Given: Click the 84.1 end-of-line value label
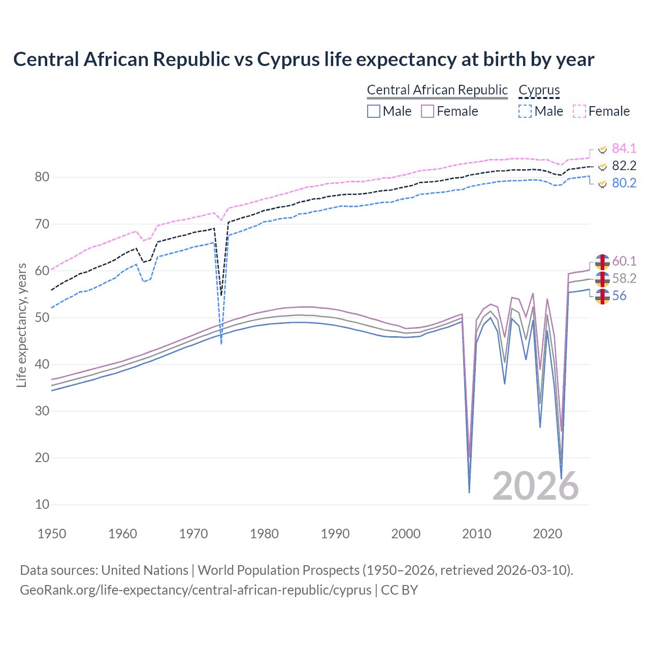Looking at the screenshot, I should point(624,148).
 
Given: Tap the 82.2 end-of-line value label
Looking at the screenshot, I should point(624,166).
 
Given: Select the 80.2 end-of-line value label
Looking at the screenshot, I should point(624,183).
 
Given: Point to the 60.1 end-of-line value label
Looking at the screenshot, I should point(624,261).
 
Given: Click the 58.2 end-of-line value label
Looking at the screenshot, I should point(624,278).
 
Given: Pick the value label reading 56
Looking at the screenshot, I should point(619,296).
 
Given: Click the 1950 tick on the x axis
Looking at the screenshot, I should point(52,534).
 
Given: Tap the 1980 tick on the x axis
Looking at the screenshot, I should point(264,534).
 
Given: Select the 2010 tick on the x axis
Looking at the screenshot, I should point(476,534).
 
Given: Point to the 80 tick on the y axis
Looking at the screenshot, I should point(42,177).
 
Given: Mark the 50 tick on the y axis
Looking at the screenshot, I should point(42,318).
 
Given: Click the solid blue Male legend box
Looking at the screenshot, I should point(374,111).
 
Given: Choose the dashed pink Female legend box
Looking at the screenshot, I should point(579,111).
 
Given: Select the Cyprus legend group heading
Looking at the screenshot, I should point(539,90).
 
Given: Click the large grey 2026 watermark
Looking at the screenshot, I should point(535,486).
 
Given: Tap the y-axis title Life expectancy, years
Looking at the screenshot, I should point(21,325).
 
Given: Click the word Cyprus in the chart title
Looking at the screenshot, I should point(288,59).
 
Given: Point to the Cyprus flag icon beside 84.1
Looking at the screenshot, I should point(602,149).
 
